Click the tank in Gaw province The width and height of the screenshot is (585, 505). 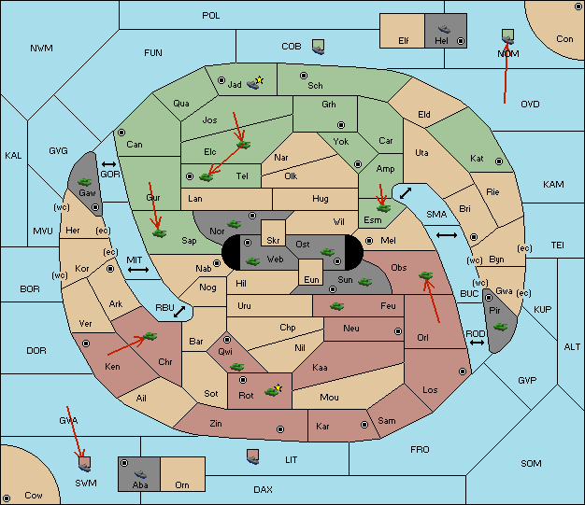pyautogui.click(x=85, y=182)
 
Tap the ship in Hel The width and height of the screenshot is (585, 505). pyautogui.click(x=444, y=29)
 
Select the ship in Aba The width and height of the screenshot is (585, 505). pyautogui.click(x=140, y=474)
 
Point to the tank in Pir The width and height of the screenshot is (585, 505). pyautogui.click(x=500, y=327)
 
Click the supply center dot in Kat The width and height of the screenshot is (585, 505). pyautogui.click(x=499, y=161)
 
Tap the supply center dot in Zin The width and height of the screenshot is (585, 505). pyautogui.click(x=280, y=429)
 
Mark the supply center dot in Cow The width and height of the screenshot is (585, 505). pyautogui.click(x=7, y=498)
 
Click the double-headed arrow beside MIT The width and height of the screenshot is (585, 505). pyautogui.click(x=138, y=270)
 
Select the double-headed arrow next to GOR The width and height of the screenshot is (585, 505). pyautogui.click(x=108, y=164)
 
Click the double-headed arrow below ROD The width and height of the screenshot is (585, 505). pyautogui.click(x=477, y=343)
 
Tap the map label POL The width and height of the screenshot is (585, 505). pyautogui.click(x=211, y=16)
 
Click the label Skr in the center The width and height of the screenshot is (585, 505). pyautogui.click(x=273, y=241)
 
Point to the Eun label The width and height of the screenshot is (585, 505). pyautogui.click(x=311, y=279)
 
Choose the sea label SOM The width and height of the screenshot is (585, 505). pyautogui.click(x=531, y=463)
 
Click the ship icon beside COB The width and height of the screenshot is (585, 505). pyautogui.click(x=319, y=48)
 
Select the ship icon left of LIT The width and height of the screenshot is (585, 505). pyautogui.click(x=253, y=457)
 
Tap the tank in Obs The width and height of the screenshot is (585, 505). pyautogui.click(x=426, y=275)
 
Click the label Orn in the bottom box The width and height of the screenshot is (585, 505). pyautogui.click(x=182, y=484)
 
